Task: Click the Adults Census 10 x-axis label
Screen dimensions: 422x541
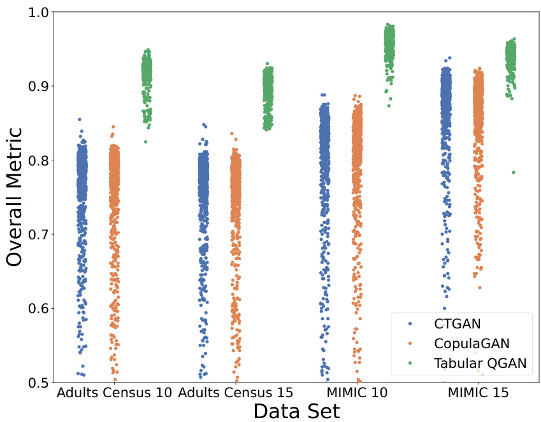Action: pyautogui.click(x=114, y=393)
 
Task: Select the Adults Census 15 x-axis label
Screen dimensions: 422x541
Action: pyautogui.click(x=236, y=393)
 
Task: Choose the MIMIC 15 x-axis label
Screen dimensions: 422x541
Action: pyautogui.click(x=479, y=393)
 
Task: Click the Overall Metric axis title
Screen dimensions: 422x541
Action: pyautogui.click(x=15, y=197)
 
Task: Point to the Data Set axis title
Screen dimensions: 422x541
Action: pyautogui.click(x=296, y=411)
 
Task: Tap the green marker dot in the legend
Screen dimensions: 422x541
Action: pyautogui.click(x=410, y=363)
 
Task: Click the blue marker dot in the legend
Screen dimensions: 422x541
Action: pyautogui.click(x=410, y=324)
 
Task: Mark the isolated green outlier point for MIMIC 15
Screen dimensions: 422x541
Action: pyautogui.click(x=513, y=172)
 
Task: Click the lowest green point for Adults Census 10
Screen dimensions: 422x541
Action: pyautogui.click(x=145, y=142)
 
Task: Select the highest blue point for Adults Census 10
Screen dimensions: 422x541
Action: pyautogui.click(x=80, y=119)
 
